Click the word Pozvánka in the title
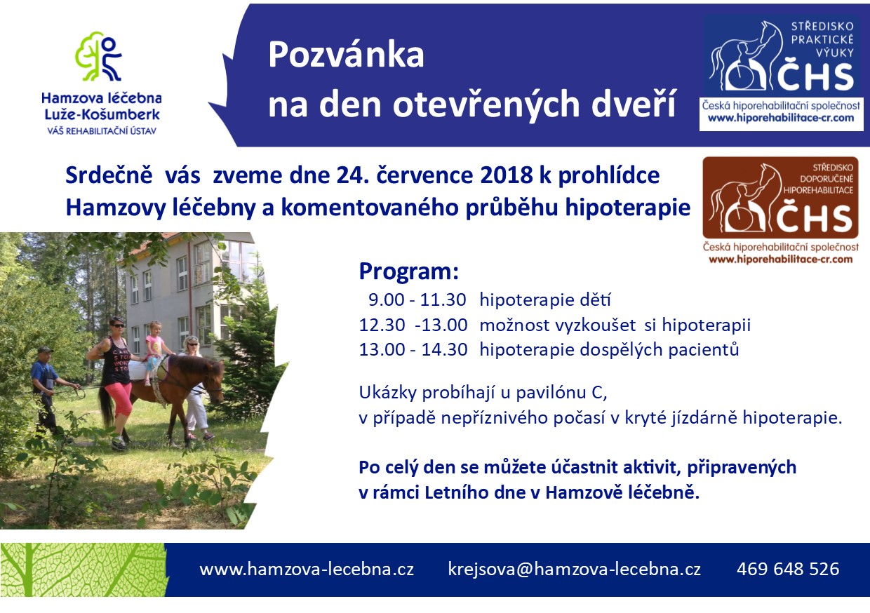pos(346,55)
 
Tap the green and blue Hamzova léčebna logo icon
pos(99,57)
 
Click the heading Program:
pos(409,271)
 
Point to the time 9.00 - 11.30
pos(417,300)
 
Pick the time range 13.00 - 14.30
pos(413,349)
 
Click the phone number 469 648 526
pos(788,569)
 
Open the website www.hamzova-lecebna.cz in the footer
pos(307,570)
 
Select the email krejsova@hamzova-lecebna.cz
pos(575,570)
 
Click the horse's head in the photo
pos(213,379)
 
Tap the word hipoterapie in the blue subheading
pos(628,208)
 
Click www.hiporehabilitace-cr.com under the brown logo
pos(781,260)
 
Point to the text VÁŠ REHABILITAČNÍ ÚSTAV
pos(102,131)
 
